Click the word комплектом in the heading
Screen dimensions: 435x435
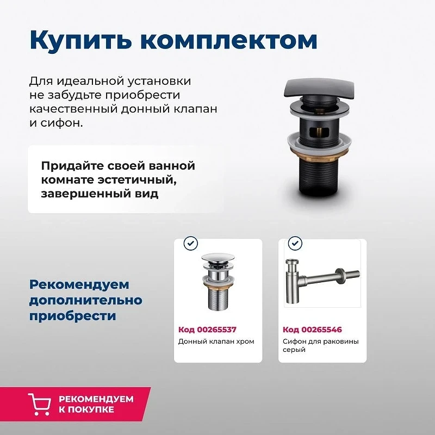(x=228, y=40)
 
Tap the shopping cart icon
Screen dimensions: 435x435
(x=40, y=404)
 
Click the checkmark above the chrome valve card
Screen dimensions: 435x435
(x=191, y=243)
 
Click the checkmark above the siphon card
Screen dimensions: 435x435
(x=295, y=243)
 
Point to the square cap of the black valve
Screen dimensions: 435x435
(x=319, y=88)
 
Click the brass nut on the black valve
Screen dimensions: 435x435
(x=319, y=153)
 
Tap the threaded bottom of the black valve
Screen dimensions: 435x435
(x=319, y=176)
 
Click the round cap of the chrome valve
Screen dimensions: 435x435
(x=218, y=257)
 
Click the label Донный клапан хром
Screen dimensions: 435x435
(x=216, y=341)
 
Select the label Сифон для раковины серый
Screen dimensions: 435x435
(x=321, y=345)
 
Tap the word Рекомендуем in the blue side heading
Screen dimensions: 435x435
(x=79, y=285)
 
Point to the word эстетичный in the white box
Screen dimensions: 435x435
(x=136, y=180)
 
